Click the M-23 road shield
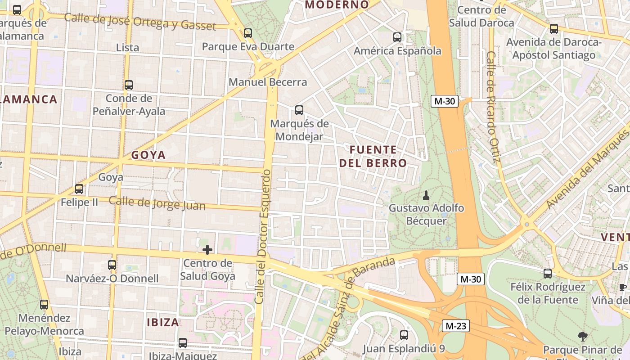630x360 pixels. pos(455,326)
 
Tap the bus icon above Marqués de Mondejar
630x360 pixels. pos(299,110)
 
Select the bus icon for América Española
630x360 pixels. pos(397,37)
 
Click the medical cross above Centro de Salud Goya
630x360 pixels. pos(207,249)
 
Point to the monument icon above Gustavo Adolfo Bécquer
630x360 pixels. pos(426,195)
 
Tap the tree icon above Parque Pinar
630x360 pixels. pos(582,336)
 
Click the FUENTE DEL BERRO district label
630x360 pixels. pos(373,156)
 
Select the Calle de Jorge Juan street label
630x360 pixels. pos(157,203)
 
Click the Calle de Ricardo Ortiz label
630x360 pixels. pos(493,107)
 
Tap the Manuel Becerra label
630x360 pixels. pos(268,82)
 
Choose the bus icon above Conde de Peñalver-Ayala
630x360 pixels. pos(129,85)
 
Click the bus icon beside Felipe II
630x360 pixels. pos(79,189)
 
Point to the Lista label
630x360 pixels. pos(127,47)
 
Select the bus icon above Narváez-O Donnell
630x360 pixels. pos(112,265)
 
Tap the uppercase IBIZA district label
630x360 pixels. pos(163,322)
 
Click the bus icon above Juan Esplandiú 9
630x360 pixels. pos(404,335)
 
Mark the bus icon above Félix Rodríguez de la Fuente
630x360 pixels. pos(548,273)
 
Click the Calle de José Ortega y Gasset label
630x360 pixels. pos(140,22)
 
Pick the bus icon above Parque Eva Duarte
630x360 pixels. pos(248,33)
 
